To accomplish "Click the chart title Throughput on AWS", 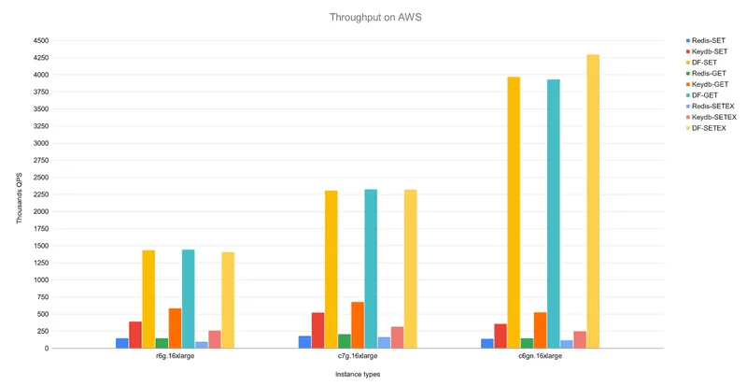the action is click(375, 18).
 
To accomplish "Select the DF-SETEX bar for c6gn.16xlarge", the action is click(593, 201).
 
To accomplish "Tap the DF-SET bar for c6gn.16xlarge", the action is click(514, 212).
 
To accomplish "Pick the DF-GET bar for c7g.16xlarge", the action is click(371, 268).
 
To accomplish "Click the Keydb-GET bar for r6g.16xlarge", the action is click(175, 328).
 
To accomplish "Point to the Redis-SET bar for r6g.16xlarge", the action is click(122, 343).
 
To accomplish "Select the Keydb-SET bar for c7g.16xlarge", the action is click(317, 330).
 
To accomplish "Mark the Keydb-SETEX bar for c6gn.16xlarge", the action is click(580, 339).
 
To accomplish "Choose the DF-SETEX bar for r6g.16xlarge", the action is click(228, 300).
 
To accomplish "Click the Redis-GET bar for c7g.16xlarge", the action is click(344, 341).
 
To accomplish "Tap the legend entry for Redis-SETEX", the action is click(711, 107).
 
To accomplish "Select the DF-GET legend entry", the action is click(702, 95).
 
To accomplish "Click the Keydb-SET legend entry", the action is click(707, 51).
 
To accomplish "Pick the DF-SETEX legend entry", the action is click(706, 128).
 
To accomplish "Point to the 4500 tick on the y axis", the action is click(41, 41).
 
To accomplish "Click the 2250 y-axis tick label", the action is click(41, 194).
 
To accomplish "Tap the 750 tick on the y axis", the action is click(43, 297).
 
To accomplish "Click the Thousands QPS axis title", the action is click(20, 198).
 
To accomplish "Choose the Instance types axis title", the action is click(358, 375).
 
